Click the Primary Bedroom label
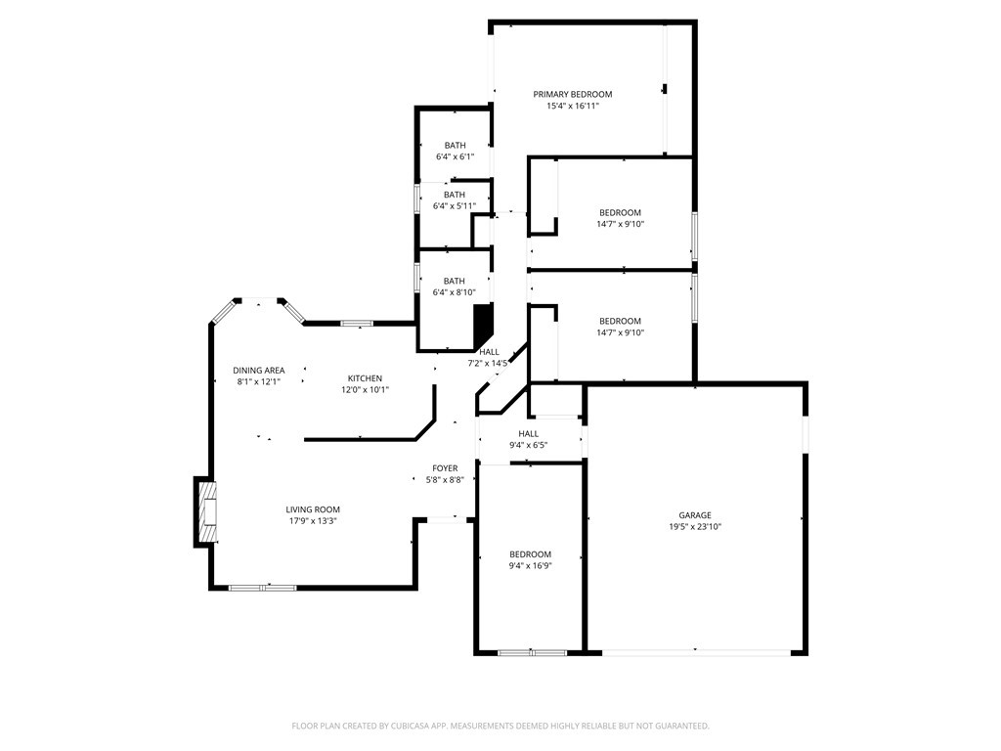pos(572,94)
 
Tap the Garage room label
pos(695,515)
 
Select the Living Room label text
pos(313,509)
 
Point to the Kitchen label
pos(365,378)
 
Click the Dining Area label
pos(259,370)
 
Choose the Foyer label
pos(445,468)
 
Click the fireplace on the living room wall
pos(205,509)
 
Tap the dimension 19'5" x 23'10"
pos(695,527)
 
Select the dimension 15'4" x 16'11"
pos(572,106)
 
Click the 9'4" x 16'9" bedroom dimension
pos(530,565)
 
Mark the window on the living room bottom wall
pos(262,588)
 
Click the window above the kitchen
pos(357,323)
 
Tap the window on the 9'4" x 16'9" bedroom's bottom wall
pos(531,652)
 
